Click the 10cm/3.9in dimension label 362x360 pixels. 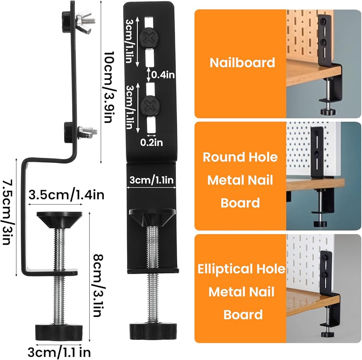click(x=108, y=87)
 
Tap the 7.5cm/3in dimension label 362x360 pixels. click(x=8, y=212)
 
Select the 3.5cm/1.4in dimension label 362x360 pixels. click(x=66, y=195)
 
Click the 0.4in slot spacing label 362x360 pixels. click(x=163, y=75)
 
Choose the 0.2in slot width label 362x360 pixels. click(x=151, y=142)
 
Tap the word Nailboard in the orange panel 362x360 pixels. click(x=243, y=63)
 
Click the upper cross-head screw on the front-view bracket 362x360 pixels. click(x=150, y=38)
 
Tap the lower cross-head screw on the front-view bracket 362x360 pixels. click(x=150, y=106)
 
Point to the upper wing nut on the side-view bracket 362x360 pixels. click(x=85, y=21)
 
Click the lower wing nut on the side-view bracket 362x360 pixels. click(x=87, y=133)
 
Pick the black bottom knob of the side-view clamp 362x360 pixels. click(x=59, y=332)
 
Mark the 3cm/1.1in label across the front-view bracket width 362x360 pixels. click(x=151, y=180)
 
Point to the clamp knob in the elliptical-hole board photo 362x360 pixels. click(x=327, y=334)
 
